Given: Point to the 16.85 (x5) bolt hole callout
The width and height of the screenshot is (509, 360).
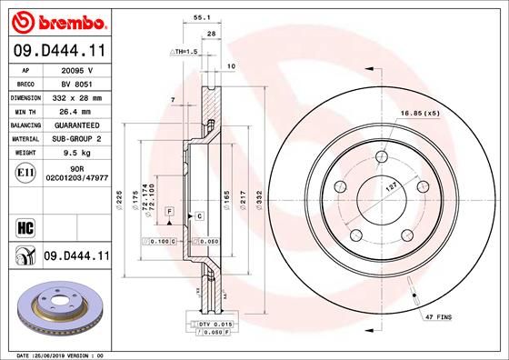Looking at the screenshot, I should [x=419, y=114].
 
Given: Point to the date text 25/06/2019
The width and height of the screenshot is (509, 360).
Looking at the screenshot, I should [x=61, y=354].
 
